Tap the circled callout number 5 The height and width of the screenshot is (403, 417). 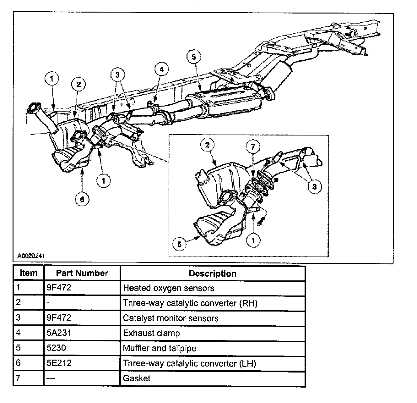pos(193,57)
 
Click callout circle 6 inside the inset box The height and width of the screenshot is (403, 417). pos(180,245)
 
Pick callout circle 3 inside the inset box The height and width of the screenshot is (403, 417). pos(315,187)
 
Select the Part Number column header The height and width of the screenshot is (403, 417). pos(82,273)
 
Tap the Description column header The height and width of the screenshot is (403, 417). pos(213,273)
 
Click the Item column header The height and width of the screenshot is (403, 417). pos(28,273)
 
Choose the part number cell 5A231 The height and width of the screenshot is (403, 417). pos(59,333)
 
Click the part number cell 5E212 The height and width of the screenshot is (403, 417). pos(59,363)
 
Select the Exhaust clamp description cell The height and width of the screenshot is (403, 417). pos(151,333)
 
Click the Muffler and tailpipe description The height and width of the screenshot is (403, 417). pos(160,348)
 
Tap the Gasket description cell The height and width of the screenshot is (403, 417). pos(137,378)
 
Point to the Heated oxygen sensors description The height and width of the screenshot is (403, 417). pos(169,288)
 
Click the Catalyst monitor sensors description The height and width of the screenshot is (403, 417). pos(171,318)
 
